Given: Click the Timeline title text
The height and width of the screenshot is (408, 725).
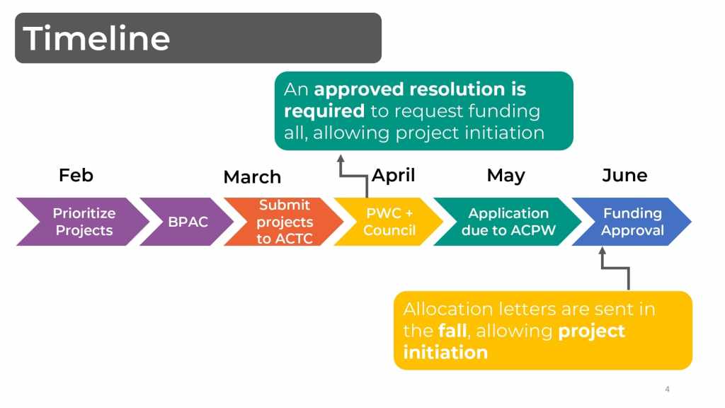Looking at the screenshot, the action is click(x=96, y=38).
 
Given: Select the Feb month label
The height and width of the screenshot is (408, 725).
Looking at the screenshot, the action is click(x=76, y=176).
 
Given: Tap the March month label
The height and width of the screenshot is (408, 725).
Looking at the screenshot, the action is click(x=252, y=176).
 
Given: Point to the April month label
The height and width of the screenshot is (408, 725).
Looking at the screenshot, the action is click(x=394, y=176).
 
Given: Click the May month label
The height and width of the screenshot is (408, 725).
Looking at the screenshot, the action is click(x=506, y=176).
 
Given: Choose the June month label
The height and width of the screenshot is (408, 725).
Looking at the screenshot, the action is click(x=624, y=176).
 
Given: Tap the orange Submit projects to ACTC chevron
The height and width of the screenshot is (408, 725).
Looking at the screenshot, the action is click(x=283, y=222).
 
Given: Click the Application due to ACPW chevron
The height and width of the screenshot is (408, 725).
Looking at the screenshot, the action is click(x=507, y=222).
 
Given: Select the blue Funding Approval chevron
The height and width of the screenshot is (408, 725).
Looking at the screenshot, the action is click(x=632, y=222).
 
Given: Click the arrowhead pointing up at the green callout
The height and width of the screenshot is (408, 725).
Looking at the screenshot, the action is click(x=341, y=158).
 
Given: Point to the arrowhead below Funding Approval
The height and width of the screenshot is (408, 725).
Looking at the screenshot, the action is click(x=602, y=250).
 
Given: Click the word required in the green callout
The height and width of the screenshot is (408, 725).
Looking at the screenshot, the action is click(x=324, y=111).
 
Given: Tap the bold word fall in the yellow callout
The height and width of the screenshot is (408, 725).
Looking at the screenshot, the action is click(x=452, y=331).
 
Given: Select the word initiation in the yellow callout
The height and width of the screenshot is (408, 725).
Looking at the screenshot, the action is click(x=445, y=353).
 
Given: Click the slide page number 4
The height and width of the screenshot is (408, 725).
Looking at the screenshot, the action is click(x=667, y=389).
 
